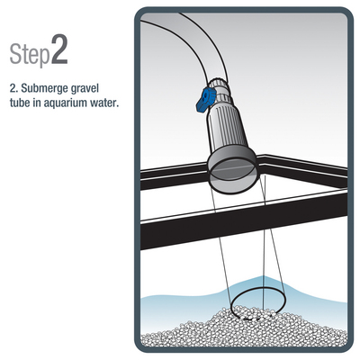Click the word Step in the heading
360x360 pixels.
coord(30,54)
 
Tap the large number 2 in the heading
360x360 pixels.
coord(59,49)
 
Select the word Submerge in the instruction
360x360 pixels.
coord(40,88)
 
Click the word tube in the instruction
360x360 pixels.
coord(20,103)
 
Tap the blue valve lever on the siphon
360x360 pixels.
coord(205,100)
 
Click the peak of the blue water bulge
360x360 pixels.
coord(264,277)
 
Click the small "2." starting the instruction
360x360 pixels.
coord(13,89)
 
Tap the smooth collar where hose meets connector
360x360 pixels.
coord(219,88)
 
